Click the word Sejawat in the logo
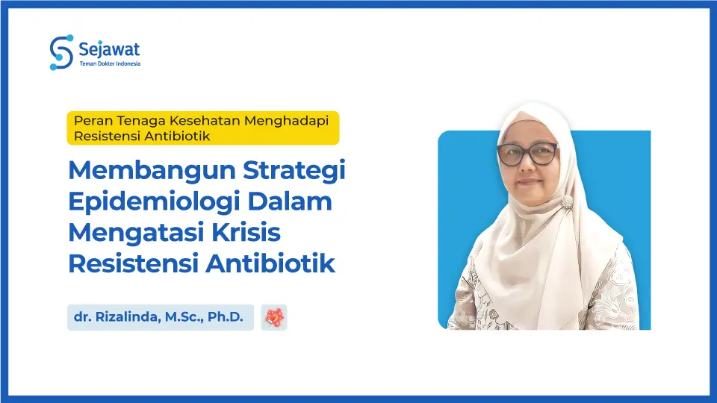(109, 49)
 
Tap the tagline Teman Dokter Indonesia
(110, 64)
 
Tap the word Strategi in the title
(294, 171)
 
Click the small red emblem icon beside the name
(274, 317)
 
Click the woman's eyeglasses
(527, 154)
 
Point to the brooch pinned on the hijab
(568, 203)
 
